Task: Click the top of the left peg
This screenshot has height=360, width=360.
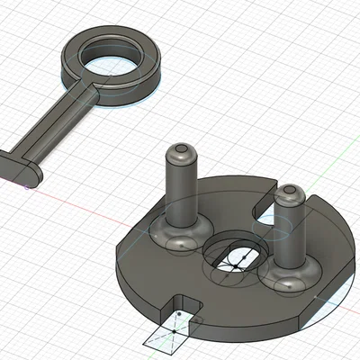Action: coord(182,149)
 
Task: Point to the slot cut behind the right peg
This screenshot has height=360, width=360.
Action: coord(270,213)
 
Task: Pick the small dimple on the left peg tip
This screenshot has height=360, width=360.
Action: coord(182,146)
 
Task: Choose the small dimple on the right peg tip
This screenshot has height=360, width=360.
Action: coord(290,190)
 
